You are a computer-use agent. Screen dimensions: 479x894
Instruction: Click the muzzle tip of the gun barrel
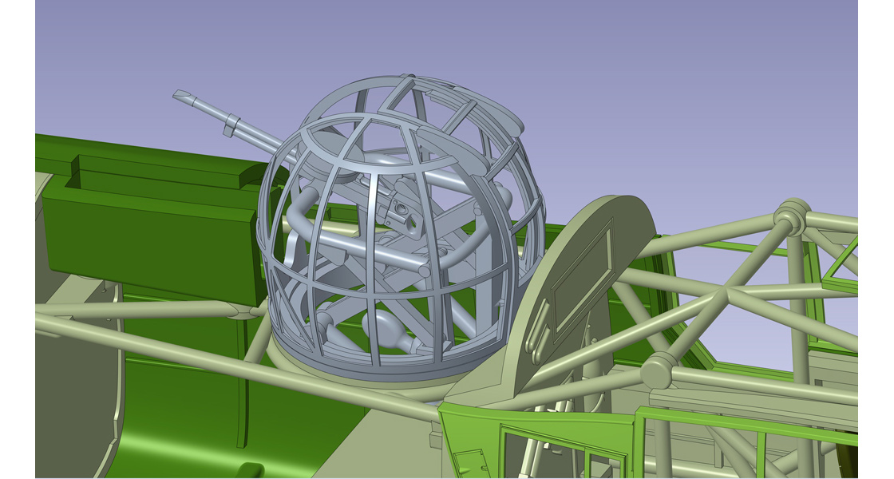click(180, 95)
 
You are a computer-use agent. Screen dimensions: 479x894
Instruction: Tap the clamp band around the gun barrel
click(231, 124)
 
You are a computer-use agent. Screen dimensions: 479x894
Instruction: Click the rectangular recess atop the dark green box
click(156, 174)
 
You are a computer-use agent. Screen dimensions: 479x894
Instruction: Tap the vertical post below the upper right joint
click(797, 303)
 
